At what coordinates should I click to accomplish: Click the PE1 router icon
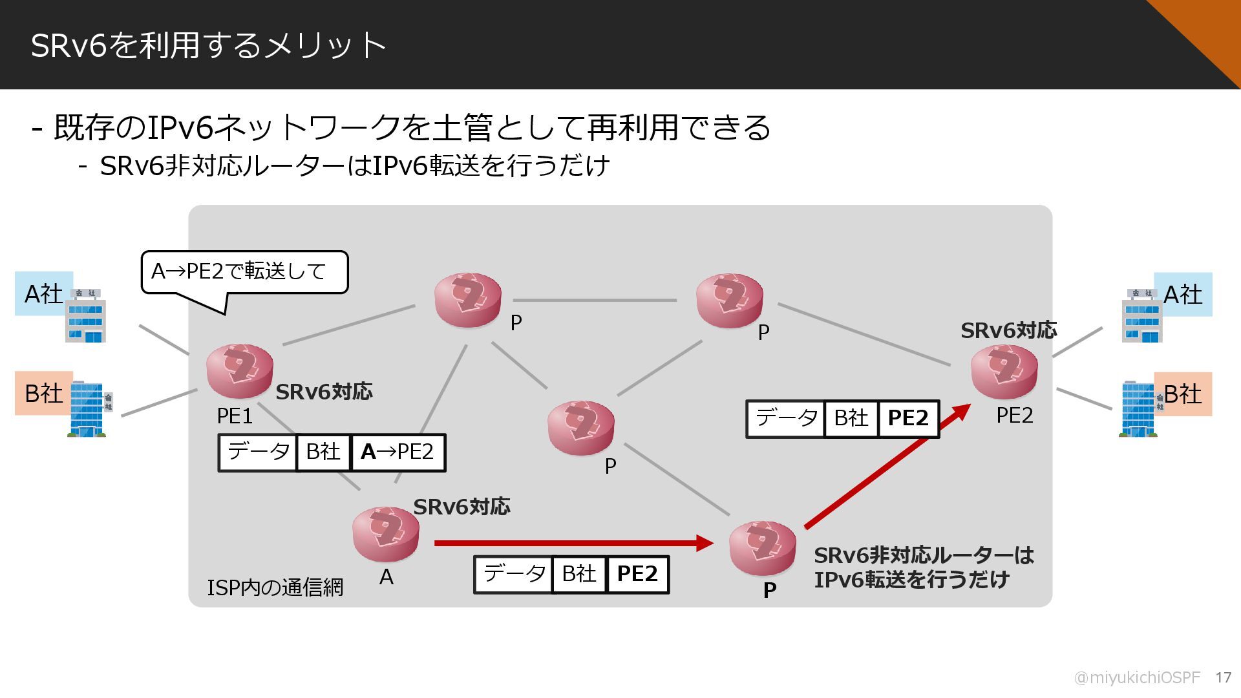point(239,371)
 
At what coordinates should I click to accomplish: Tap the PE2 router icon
point(1004,372)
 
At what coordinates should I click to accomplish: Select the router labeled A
point(386,534)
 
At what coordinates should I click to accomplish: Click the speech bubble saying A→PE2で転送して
point(244,272)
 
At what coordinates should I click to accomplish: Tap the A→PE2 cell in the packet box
point(398,452)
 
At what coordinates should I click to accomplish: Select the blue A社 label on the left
point(43,294)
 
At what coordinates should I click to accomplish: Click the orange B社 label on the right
point(1182,394)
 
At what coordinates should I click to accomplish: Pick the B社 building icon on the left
point(89,409)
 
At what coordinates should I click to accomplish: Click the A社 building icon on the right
point(1141,315)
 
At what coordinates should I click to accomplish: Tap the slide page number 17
point(1223,677)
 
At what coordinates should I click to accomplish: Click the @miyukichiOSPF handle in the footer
point(1136,677)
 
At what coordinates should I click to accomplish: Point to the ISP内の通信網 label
point(275,587)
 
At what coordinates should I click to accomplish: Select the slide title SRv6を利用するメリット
point(208,45)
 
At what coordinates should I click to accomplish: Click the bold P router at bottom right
point(762,548)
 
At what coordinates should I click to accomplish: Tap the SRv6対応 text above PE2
point(1008,331)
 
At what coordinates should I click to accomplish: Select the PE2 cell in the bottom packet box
point(637,574)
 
